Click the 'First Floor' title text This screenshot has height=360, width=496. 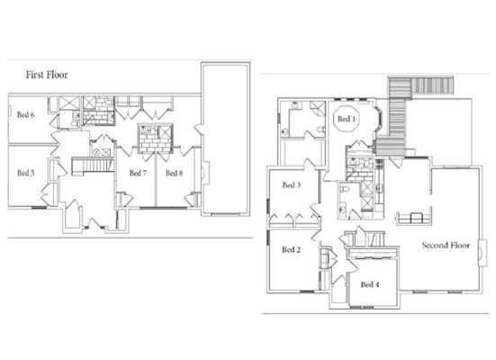coord(46,76)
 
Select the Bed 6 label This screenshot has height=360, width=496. coord(26,114)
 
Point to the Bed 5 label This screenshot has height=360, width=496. coord(26,172)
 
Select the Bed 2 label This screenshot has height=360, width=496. coord(290,249)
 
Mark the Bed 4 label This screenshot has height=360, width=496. coord(369,284)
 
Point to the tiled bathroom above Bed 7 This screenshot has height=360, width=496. coord(149,140)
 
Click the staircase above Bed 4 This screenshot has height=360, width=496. coord(371,237)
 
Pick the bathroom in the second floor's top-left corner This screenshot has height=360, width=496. coord(304,121)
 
